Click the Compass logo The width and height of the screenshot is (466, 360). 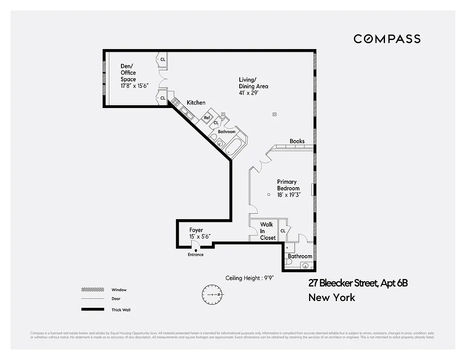pos(387,39)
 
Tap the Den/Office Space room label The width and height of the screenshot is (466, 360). pos(128,73)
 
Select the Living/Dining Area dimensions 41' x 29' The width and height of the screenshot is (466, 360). pos(248,93)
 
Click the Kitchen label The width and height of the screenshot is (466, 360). pos(196,103)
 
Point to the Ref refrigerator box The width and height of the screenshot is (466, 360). pos(207,117)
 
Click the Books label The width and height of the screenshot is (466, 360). pos(297,141)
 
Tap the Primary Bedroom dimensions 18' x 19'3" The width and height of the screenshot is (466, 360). pos(288,195)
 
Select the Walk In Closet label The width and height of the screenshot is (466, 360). pos(267,231)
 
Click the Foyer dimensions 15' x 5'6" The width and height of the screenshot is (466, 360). pos(200,237)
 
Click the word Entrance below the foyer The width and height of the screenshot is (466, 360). pos(196,255)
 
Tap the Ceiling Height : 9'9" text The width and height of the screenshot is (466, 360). pos(250,278)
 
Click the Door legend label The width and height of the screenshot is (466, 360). pos(116,299)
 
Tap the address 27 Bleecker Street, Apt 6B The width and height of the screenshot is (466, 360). pos(358,283)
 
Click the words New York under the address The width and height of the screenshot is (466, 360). pos(332,297)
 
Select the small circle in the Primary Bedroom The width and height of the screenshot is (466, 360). pos(269,194)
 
